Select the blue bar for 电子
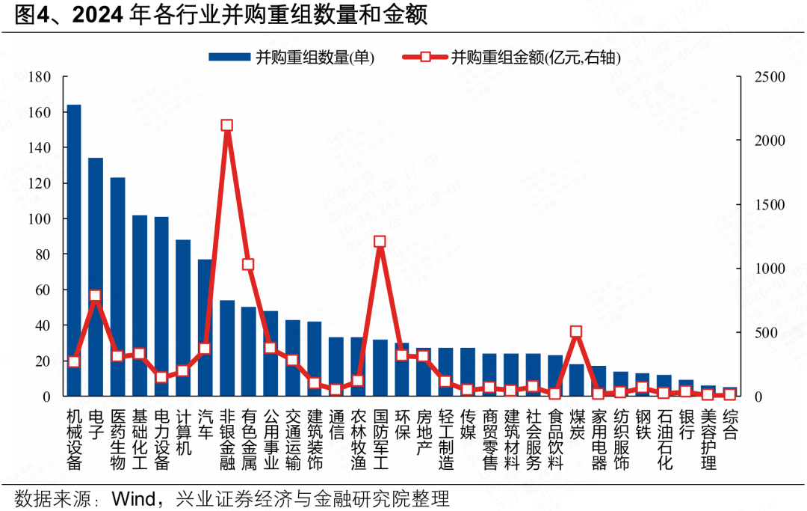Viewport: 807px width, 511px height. (x=96, y=276)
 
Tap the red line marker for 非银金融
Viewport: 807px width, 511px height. (x=227, y=126)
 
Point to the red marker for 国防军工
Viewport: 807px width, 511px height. (x=380, y=242)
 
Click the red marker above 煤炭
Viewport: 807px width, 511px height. (x=576, y=331)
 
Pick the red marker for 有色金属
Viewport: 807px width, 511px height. (x=249, y=264)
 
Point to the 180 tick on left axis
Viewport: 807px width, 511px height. (x=40, y=77)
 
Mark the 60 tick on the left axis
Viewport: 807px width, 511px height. (x=43, y=290)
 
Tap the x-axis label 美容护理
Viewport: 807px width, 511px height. (x=708, y=439)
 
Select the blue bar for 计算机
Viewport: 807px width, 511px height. (x=183, y=317)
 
